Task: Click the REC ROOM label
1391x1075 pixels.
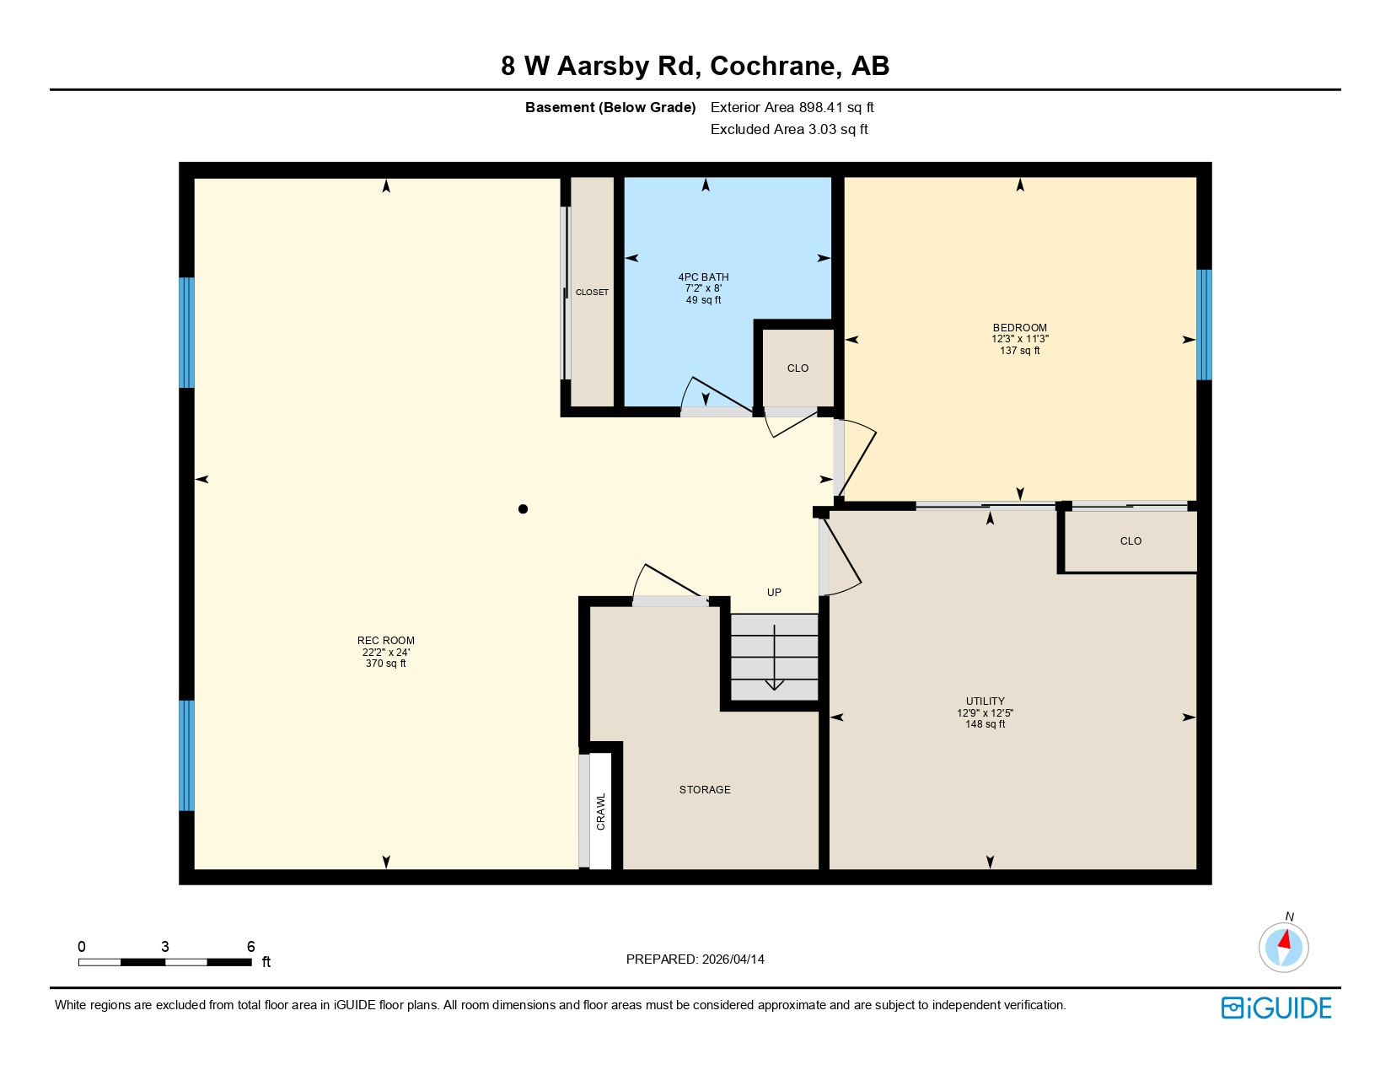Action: (x=386, y=641)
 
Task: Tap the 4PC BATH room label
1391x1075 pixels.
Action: (x=703, y=277)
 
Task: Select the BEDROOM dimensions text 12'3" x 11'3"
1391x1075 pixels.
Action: (x=1019, y=339)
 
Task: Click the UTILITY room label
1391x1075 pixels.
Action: (x=985, y=701)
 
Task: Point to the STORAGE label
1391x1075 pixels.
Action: (x=705, y=790)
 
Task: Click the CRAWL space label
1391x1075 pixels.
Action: (x=601, y=811)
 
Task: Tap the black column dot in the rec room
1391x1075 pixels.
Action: (x=523, y=508)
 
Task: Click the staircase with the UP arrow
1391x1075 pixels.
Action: (x=774, y=658)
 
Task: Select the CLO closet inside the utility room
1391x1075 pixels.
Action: (x=1130, y=541)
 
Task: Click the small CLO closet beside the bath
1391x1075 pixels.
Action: (x=798, y=368)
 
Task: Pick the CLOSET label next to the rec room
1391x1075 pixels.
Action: (x=592, y=293)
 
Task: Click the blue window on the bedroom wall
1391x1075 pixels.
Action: (x=1204, y=325)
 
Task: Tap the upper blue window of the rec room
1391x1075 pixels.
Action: (x=186, y=332)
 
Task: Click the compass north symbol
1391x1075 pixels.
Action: (x=1283, y=946)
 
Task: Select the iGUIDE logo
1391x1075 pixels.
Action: (x=1276, y=1008)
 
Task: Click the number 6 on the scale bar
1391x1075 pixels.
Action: (x=250, y=947)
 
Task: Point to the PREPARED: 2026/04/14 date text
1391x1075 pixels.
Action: (x=695, y=959)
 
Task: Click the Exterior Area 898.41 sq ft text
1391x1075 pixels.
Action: (x=792, y=107)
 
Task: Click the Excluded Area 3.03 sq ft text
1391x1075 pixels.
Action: (x=789, y=129)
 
